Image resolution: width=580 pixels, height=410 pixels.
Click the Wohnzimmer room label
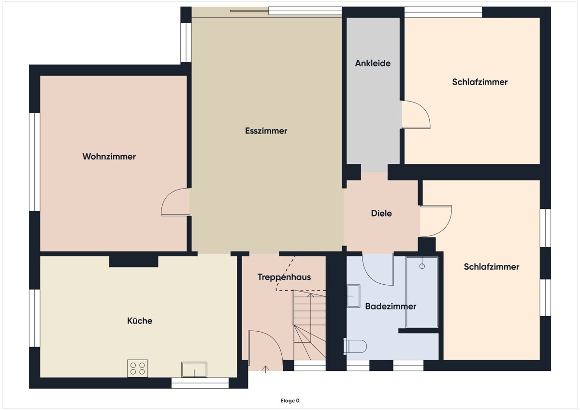[109, 157]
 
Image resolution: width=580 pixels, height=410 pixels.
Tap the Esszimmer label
[266, 131]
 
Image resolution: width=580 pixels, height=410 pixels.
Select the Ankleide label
[373, 63]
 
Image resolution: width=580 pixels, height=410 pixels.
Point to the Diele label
[381, 213]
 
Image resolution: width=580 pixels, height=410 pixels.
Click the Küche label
[140, 321]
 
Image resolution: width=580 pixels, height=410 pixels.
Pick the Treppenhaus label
[284, 277]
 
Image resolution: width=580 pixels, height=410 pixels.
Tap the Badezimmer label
[391, 307]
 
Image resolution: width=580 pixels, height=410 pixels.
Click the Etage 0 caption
[290, 401]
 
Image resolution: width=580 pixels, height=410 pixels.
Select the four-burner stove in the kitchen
[137, 368]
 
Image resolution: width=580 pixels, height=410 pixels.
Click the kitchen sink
[194, 369]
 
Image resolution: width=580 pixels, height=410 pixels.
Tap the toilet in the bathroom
[355, 346]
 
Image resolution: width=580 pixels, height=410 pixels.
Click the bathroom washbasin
[353, 296]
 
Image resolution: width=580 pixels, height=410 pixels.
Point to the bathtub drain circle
[422, 266]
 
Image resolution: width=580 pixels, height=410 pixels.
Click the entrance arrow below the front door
[265, 369]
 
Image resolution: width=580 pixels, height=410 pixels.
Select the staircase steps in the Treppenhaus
[309, 325]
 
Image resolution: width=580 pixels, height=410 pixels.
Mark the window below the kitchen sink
[200, 383]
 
